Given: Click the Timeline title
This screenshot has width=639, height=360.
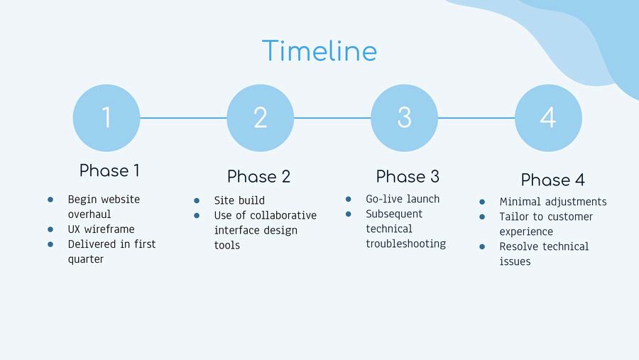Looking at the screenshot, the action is [x=319, y=50].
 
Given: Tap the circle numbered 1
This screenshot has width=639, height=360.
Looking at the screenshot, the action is [x=106, y=118].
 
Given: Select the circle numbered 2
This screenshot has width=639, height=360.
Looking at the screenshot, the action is [x=260, y=118].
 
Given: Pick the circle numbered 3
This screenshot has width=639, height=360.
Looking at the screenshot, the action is [x=404, y=118].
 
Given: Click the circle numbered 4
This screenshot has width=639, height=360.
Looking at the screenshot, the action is [x=548, y=118].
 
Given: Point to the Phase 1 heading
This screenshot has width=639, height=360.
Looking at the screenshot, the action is [x=109, y=170].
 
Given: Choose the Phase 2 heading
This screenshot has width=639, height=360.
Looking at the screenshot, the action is [x=258, y=177].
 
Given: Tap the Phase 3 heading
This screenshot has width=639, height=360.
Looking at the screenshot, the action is [x=408, y=177].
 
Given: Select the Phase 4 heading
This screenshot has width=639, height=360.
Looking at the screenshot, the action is [x=552, y=180].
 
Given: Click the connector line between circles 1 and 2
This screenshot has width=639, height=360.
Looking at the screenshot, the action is [x=183, y=118].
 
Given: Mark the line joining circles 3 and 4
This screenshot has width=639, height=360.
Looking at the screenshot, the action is [x=476, y=118].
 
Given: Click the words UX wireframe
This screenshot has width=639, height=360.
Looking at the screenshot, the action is [x=101, y=229].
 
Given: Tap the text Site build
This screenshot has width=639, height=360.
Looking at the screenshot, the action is [x=239, y=200].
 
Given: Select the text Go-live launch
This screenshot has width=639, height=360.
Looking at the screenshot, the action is [x=403, y=199].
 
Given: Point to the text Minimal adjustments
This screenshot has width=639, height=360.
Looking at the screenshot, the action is [x=553, y=202].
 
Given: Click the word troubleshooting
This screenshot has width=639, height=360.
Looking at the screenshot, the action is [x=406, y=244].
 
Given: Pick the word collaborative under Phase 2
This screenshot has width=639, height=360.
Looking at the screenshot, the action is [x=283, y=215].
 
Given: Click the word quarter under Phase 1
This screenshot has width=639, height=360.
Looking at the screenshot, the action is [x=86, y=259].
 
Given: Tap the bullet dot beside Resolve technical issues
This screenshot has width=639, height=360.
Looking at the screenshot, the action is [x=482, y=246].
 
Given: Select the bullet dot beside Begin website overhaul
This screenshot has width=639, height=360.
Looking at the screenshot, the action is [x=50, y=200].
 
